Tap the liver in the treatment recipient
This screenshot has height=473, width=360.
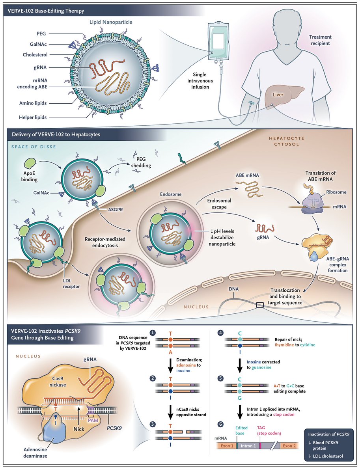tap(283, 96)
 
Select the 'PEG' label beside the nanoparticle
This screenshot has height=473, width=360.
tap(41, 34)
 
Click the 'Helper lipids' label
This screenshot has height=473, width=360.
tap(33, 117)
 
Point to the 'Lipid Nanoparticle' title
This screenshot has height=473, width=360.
tap(111, 22)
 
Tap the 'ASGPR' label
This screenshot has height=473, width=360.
tap(116, 209)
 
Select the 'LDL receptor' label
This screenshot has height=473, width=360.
tap(71, 283)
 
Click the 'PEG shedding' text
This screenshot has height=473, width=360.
tap(141, 162)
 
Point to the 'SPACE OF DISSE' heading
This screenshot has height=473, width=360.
tap(34, 147)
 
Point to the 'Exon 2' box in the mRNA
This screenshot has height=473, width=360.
tap(289, 446)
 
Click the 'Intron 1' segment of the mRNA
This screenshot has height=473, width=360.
tap(248, 446)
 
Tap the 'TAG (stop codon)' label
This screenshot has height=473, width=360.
tap(269, 430)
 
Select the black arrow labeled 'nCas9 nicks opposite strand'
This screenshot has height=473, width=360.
tap(170, 412)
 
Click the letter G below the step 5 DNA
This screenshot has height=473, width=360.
tap(239, 398)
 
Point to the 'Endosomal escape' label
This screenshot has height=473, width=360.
tap(219, 204)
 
